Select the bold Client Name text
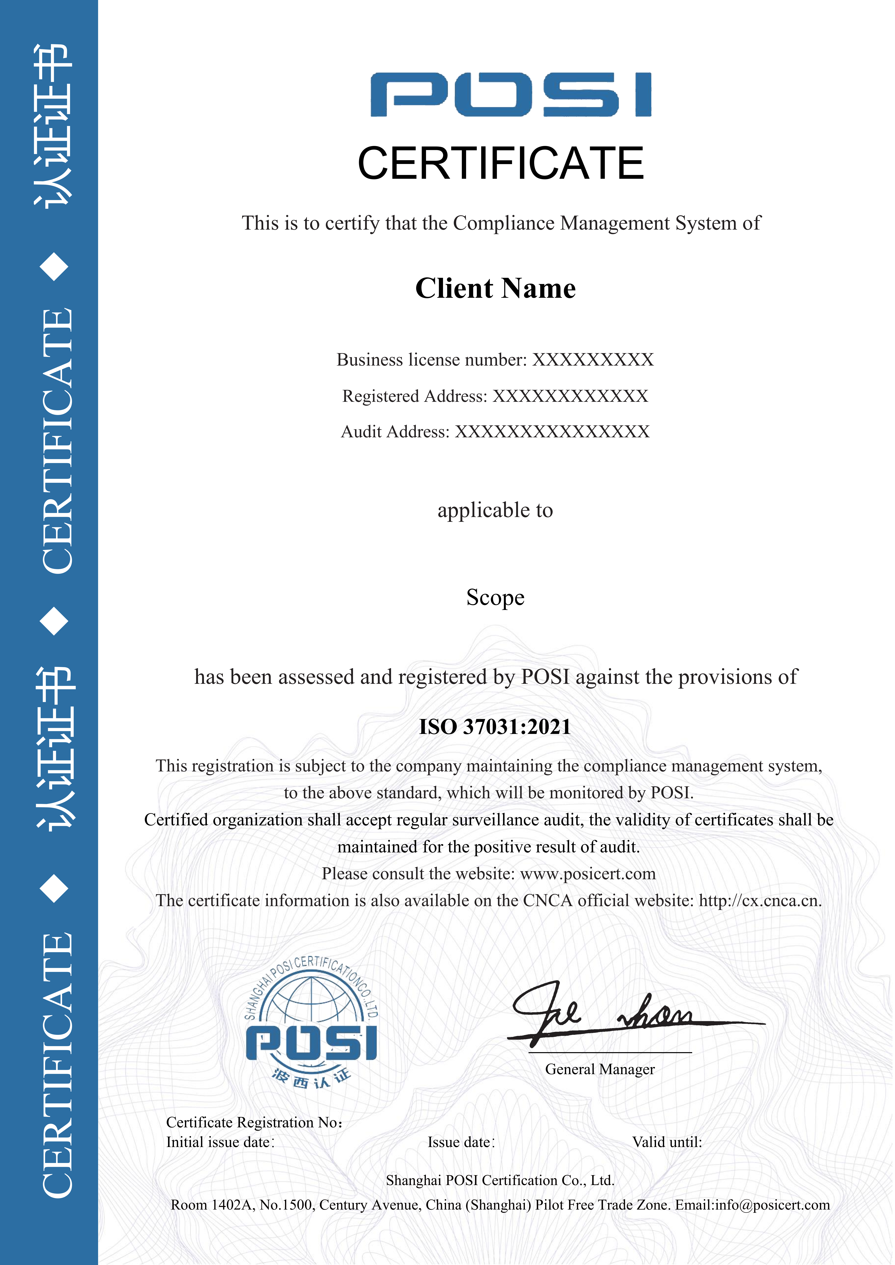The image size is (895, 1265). tap(495, 288)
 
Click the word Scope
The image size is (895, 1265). tap(495, 597)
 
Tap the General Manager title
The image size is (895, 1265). tap(600, 1069)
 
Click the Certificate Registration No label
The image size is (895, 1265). tap(254, 1122)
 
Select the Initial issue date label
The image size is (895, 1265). tap(220, 1142)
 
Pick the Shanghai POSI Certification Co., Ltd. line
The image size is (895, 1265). tap(500, 1180)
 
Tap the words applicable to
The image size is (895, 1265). tap(495, 510)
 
